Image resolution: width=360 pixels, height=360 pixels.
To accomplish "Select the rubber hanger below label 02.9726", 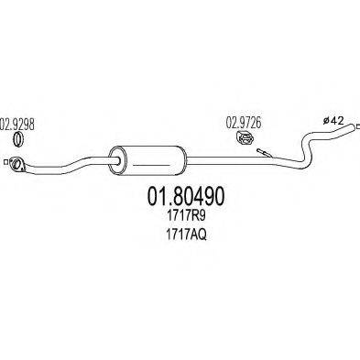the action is tap(244, 138).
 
